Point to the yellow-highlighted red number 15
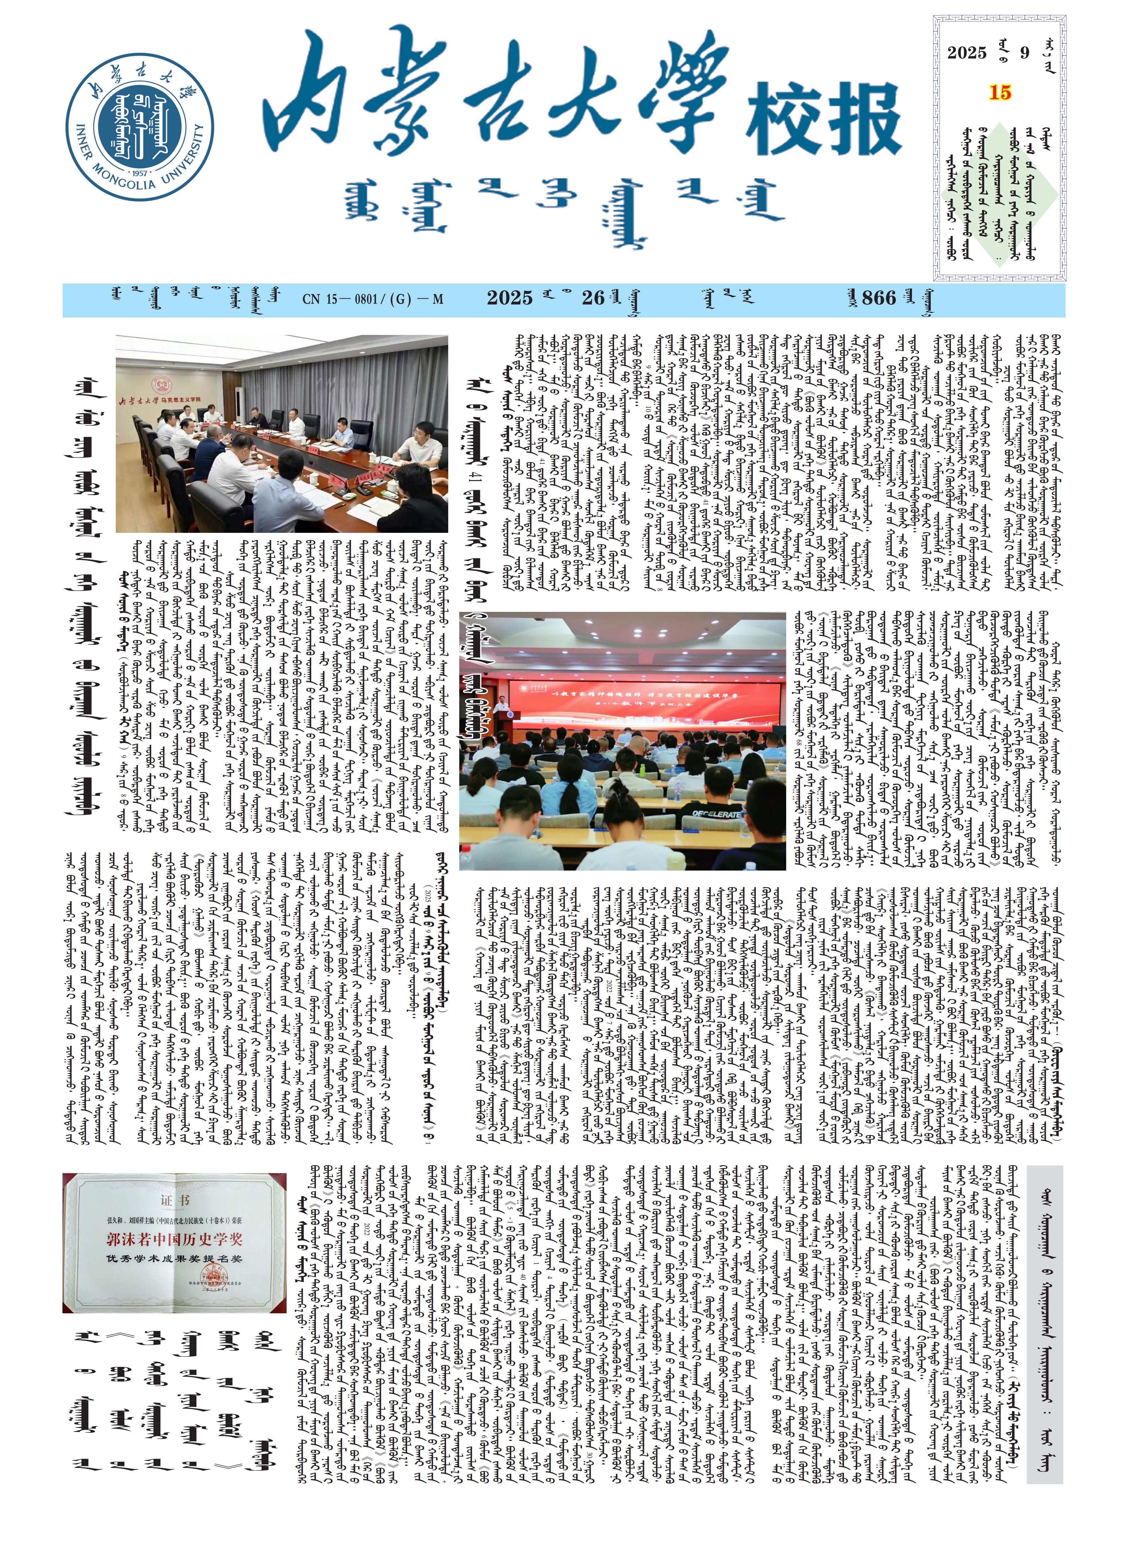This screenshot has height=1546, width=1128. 1000,93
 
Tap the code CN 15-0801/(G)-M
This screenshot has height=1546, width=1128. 373,299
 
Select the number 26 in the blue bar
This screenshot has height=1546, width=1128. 593,298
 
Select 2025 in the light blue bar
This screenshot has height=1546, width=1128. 509,298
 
